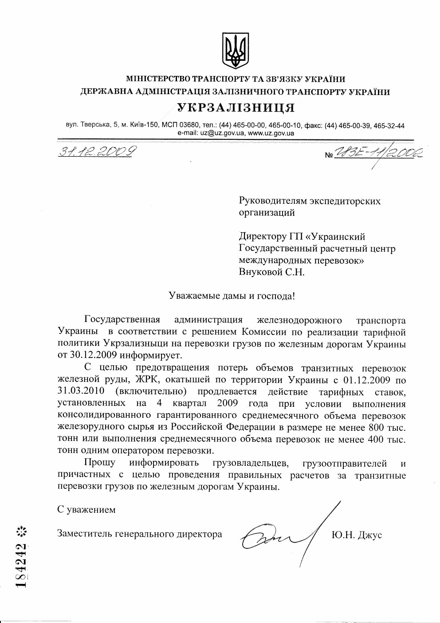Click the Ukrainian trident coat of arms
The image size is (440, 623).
(235, 51)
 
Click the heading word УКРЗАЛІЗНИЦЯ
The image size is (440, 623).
(236, 108)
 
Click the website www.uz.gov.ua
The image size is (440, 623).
(271, 133)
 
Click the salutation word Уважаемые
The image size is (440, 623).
(192, 296)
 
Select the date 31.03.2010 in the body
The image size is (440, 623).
(81, 391)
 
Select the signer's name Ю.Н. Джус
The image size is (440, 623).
(357, 535)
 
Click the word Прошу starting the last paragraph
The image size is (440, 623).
(99, 463)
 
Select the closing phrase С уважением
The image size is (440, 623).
(86, 510)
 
